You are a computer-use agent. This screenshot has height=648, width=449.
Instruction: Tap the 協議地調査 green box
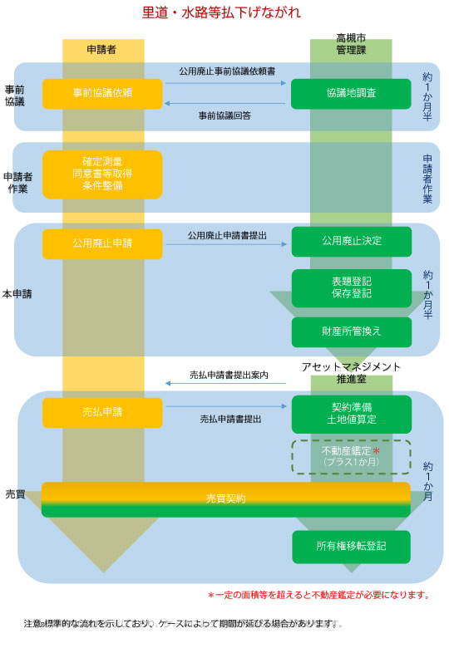[x=351, y=93]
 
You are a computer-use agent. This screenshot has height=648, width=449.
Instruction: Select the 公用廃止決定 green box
[x=351, y=242]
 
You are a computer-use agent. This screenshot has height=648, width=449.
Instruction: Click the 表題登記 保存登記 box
[x=351, y=288]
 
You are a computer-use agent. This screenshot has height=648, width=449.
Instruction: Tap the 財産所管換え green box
[x=351, y=331]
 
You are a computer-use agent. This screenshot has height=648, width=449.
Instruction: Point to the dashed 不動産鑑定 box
[x=351, y=457]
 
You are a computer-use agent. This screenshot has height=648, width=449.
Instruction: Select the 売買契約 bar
[x=225, y=498]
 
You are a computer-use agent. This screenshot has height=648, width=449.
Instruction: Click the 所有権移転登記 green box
[x=351, y=547]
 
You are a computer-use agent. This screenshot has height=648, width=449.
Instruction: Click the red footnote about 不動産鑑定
[x=318, y=595]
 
